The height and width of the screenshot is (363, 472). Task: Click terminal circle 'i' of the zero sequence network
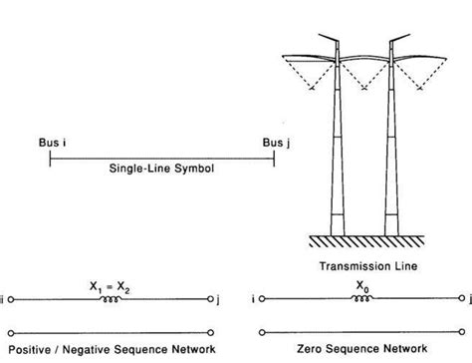[x=261, y=298]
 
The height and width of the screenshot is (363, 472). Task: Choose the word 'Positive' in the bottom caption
[x=35, y=347]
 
